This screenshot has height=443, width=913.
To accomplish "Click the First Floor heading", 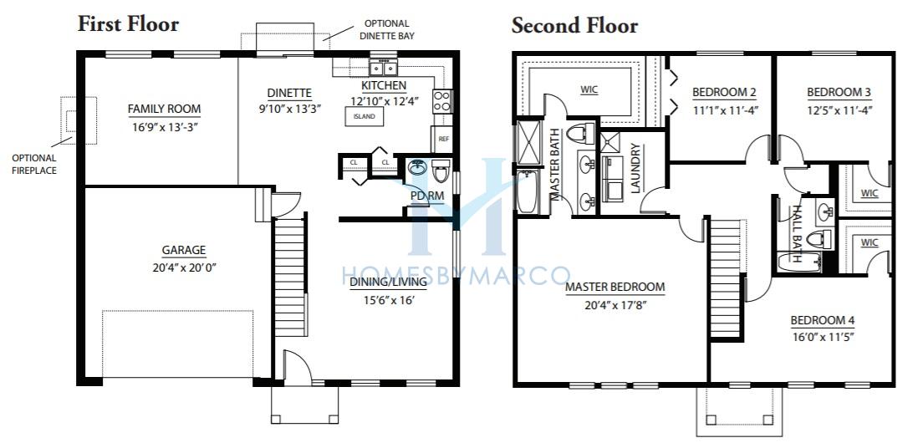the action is point(128,24).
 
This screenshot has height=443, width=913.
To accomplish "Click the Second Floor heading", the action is point(574,26).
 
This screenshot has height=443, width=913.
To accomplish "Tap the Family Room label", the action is point(164,109).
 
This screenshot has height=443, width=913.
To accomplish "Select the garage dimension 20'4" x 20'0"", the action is point(184,268).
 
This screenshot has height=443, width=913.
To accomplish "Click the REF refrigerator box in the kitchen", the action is point(444,140).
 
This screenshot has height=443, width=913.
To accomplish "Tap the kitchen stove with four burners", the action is point(442,101).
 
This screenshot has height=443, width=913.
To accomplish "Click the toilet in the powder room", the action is point(440,172).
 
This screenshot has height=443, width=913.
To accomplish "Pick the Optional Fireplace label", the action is point(34,164).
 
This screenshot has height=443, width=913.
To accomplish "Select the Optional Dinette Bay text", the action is point(386,30).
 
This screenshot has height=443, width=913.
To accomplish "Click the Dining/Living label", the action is point(389,283).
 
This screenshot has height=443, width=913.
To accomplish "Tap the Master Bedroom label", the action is point(615,287).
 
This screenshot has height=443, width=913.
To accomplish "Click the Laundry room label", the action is point(635,168).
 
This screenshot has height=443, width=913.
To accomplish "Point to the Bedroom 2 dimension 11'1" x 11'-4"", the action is point(725,109).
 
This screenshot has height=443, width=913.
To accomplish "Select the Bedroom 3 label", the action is point(839,92).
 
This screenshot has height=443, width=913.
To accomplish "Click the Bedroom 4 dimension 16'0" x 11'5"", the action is point(822,337).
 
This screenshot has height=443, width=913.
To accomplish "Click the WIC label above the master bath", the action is point(589,90).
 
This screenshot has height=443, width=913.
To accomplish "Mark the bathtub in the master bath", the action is point(527,191).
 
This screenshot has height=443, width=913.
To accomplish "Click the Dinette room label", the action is point(289,93).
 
